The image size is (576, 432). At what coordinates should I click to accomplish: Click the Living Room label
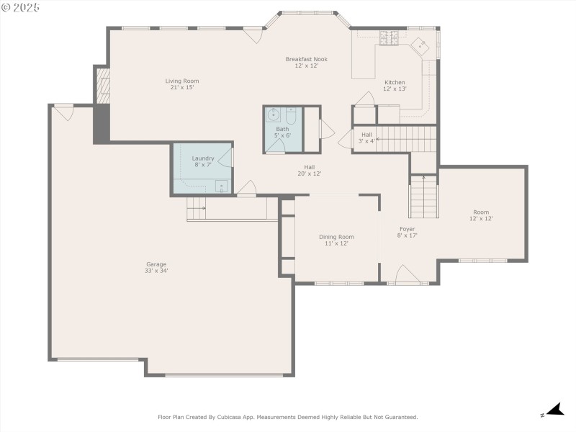click(182, 81)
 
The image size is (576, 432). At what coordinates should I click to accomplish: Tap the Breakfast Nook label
click(307, 59)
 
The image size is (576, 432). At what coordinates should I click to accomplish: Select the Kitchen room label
click(395, 82)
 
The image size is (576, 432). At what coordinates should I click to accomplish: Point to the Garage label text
click(156, 264)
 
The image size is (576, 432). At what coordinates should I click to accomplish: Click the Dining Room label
click(336, 237)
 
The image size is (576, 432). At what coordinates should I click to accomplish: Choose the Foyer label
click(407, 229)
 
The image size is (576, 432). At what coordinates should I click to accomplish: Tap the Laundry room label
click(203, 158)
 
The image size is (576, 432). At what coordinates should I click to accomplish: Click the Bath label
click(282, 129)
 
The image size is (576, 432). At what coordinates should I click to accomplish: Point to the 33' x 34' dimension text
click(156, 271)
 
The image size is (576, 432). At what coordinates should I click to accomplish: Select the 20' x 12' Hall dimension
click(310, 174)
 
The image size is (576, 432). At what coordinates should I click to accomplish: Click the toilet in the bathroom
click(291, 115)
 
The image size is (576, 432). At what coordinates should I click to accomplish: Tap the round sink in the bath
click(274, 115)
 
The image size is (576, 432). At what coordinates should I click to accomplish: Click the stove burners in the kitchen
click(389, 38)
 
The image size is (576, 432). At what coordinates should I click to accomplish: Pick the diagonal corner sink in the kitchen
click(420, 45)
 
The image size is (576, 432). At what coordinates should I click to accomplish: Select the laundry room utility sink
click(221, 186)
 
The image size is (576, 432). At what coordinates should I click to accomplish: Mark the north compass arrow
click(555, 410)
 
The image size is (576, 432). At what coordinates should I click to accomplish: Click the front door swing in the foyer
click(407, 274)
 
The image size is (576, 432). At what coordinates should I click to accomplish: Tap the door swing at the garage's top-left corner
click(65, 112)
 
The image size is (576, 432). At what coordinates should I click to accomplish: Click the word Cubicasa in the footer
click(230, 417)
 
